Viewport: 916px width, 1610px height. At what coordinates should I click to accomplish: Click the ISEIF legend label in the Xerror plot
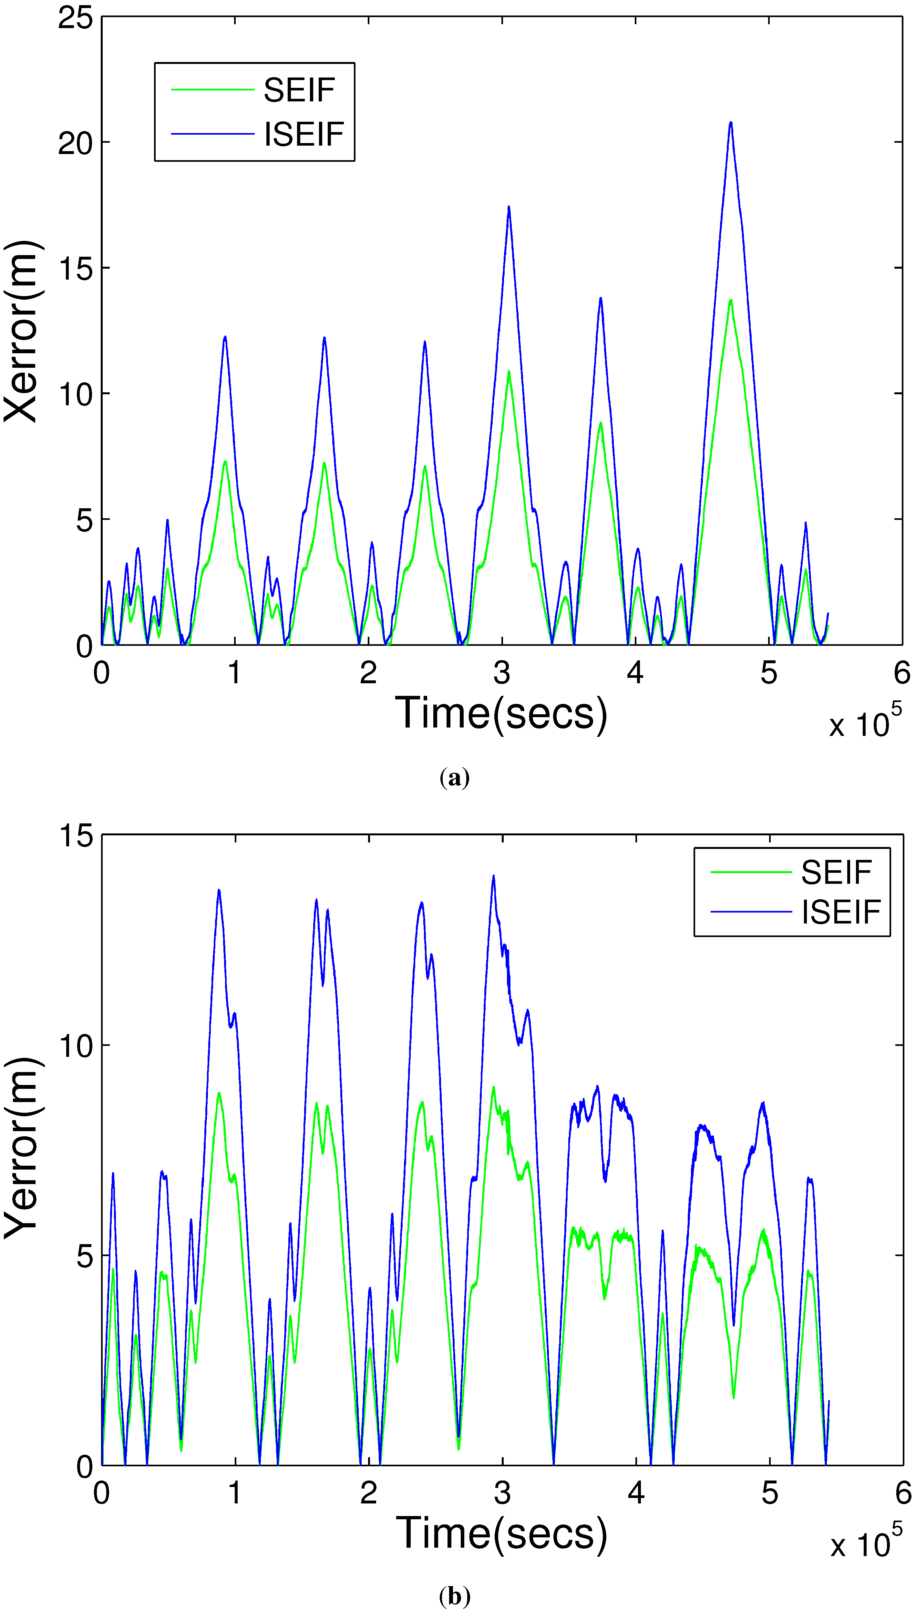(304, 134)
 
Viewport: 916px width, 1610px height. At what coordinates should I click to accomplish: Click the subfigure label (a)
(454, 778)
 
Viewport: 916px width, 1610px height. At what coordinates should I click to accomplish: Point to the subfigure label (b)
(454, 1596)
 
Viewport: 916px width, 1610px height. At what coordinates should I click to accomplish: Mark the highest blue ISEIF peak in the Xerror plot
(730, 123)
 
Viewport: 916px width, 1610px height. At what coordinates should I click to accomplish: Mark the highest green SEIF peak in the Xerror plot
(730, 301)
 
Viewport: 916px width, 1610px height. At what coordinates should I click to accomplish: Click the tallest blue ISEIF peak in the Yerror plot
(493, 876)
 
